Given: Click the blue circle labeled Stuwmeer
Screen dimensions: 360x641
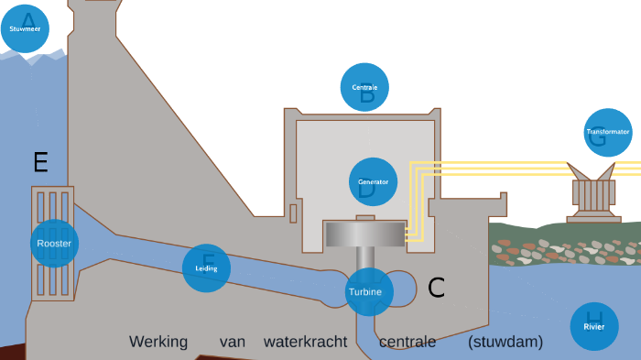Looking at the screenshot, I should click(x=26, y=28).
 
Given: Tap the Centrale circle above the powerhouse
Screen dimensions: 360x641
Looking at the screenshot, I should click(x=364, y=87).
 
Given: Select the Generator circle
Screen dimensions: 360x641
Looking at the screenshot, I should click(x=374, y=181).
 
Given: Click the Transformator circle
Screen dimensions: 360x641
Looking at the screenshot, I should click(x=608, y=132).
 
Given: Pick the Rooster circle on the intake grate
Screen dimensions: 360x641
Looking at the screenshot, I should click(x=54, y=244).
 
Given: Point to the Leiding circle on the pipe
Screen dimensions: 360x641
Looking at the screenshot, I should click(x=206, y=268).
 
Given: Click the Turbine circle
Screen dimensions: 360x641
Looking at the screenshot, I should click(x=370, y=291).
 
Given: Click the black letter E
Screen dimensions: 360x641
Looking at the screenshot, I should click(x=40, y=163).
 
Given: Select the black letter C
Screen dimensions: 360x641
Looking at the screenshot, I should click(x=437, y=288).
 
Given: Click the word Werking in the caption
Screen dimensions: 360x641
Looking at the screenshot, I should click(x=158, y=343).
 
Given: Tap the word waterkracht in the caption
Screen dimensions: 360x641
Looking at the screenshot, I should click(x=305, y=343).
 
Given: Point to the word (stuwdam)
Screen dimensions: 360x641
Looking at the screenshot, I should click(x=505, y=343).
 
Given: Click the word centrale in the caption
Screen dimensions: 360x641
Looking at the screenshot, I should click(x=407, y=343).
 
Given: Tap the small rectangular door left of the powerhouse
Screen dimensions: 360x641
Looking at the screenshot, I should click(x=293, y=213).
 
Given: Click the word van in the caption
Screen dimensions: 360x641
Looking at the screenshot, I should click(x=233, y=343).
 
